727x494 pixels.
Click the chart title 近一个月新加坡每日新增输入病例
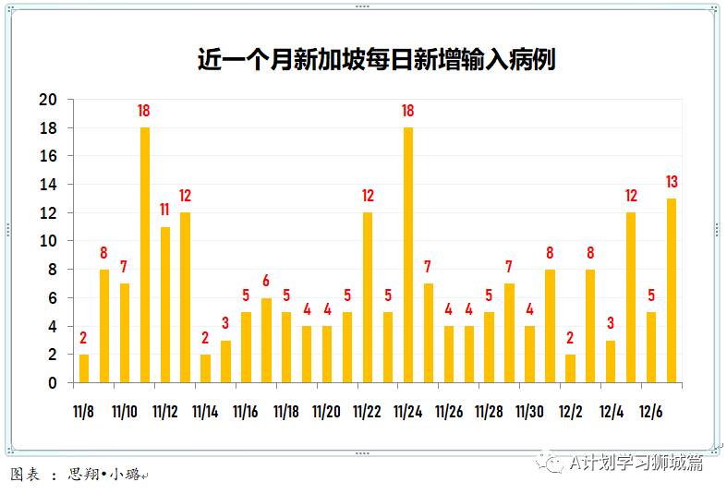[x=376, y=60]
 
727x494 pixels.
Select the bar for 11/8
[x=84, y=368]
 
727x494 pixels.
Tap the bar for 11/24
[x=408, y=255]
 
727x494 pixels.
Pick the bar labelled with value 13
[x=672, y=290]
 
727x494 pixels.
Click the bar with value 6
[x=267, y=340]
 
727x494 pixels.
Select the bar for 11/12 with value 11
[x=165, y=305]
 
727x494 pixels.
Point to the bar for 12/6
[x=651, y=347]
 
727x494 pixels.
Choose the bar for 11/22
[x=368, y=297]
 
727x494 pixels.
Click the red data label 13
[x=672, y=182]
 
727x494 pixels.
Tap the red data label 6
[x=267, y=281]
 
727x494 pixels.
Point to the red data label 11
[x=165, y=210]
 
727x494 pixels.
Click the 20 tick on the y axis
[x=48, y=100]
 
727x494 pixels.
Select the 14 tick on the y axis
[x=48, y=185]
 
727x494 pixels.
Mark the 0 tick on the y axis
[x=53, y=382]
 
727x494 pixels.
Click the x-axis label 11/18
[x=286, y=412]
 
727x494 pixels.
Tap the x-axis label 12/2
[x=570, y=412]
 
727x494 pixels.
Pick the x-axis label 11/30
[x=529, y=412]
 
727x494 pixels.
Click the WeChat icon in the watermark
[x=553, y=462]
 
